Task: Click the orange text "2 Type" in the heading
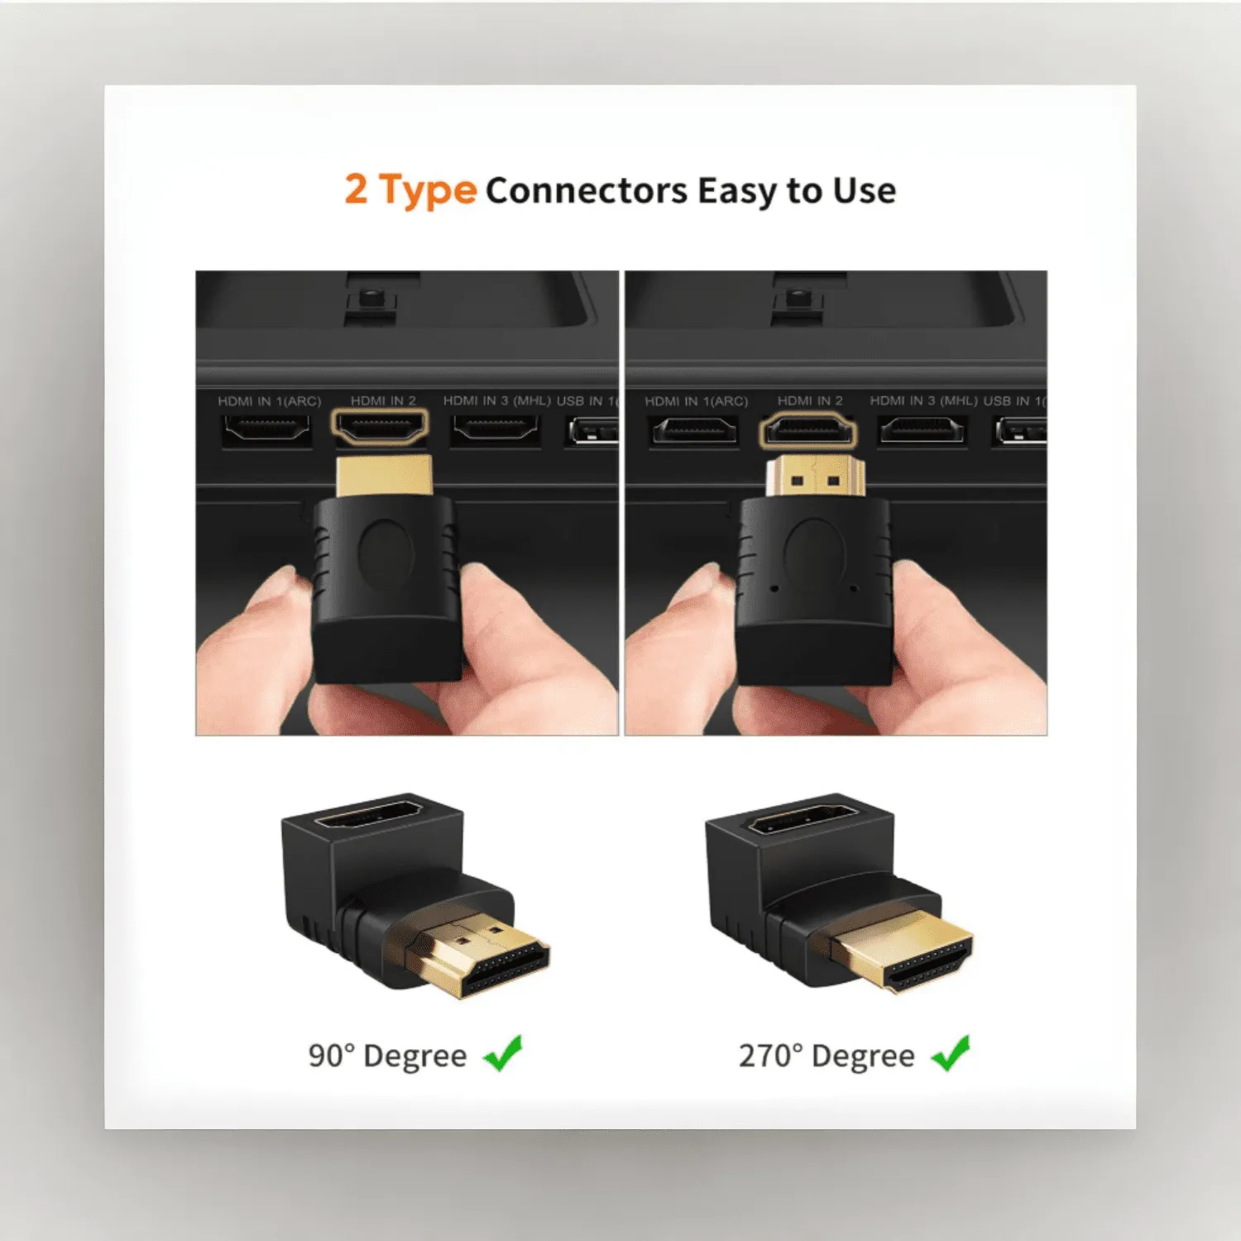click(410, 190)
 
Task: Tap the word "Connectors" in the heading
click(586, 191)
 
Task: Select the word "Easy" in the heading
click(735, 191)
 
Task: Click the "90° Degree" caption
click(387, 1056)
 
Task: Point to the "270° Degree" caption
click(827, 1056)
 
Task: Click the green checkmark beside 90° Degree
click(502, 1053)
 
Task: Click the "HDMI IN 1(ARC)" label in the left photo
click(269, 401)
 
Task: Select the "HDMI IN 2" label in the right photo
click(809, 400)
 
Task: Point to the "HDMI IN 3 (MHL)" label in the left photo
click(496, 400)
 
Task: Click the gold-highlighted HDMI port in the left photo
click(381, 428)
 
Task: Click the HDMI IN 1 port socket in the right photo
click(694, 430)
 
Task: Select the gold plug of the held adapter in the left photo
click(384, 475)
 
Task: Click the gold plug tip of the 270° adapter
click(910, 951)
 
